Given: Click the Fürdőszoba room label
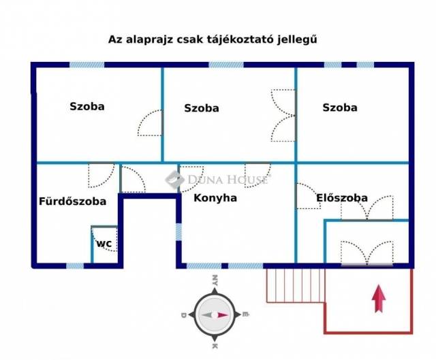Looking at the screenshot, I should [72, 201].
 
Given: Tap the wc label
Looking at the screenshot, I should [104, 243].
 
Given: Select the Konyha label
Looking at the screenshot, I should [215, 198].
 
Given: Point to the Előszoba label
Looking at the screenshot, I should [342, 198].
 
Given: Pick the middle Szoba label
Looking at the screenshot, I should [202, 108].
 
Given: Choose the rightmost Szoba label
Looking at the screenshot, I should [340, 107].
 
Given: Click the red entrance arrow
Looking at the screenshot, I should [379, 299].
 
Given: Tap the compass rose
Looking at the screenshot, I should [214, 315].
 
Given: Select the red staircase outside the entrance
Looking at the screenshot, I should [295, 284].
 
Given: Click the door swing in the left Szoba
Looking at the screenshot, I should [151, 124].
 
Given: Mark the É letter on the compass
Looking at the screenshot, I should [245, 315].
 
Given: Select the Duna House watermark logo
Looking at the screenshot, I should [176, 180].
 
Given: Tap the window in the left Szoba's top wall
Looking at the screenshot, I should [87, 65].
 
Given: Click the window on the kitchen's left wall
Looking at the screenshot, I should [178, 231].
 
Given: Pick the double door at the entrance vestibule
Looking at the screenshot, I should [366, 254].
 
